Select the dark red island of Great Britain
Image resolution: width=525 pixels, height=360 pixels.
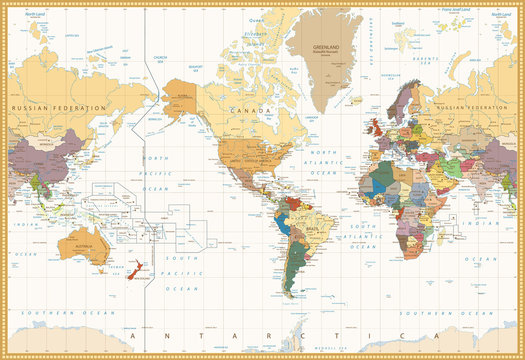380,127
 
